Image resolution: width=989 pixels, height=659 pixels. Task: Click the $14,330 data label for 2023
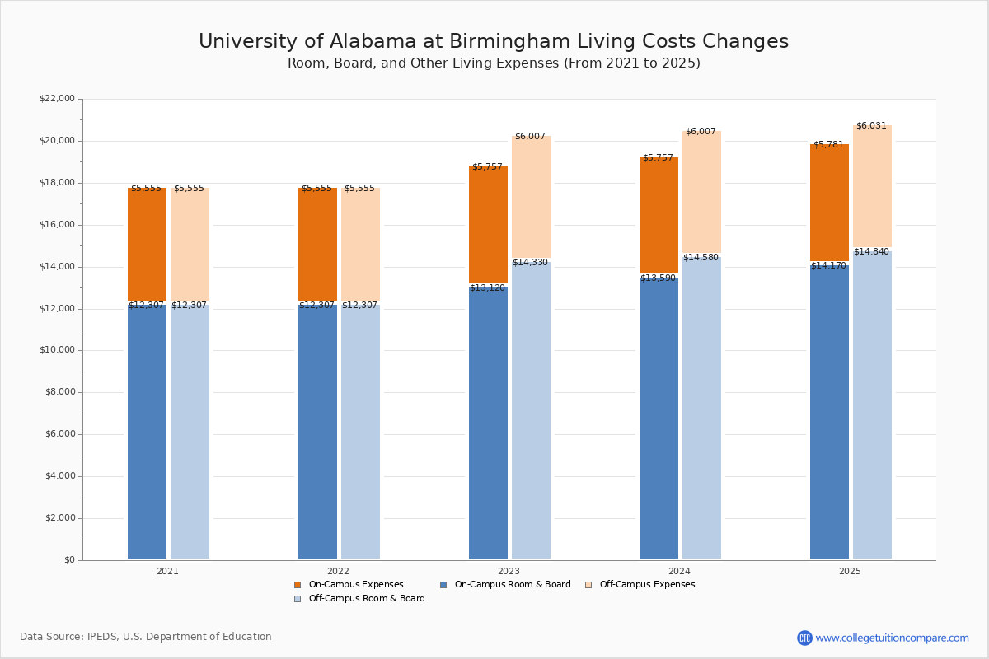point(530,263)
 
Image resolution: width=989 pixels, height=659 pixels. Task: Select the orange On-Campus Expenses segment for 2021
point(147,245)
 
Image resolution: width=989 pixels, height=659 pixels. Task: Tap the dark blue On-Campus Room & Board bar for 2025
point(829,412)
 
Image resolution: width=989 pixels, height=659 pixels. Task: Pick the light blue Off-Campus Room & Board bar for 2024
point(701,408)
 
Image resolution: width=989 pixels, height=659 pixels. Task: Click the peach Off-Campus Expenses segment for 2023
point(531,198)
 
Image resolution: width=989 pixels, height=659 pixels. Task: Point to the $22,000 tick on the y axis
point(57,99)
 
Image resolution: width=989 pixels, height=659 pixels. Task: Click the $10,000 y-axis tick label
point(57,350)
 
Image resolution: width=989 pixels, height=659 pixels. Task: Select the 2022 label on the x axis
point(338,571)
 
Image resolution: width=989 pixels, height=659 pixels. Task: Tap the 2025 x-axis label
point(850,571)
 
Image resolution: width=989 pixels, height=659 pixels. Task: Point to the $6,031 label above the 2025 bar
point(871,126)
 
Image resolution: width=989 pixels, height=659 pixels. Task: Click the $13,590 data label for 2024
point(658,278)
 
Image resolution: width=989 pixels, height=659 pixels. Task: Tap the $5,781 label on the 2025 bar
point(828,145)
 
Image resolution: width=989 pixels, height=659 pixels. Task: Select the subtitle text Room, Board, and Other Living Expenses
point(424,63)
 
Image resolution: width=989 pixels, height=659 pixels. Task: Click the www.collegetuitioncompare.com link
point(892,638)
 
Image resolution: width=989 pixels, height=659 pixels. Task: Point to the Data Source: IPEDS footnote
point(146,637)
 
